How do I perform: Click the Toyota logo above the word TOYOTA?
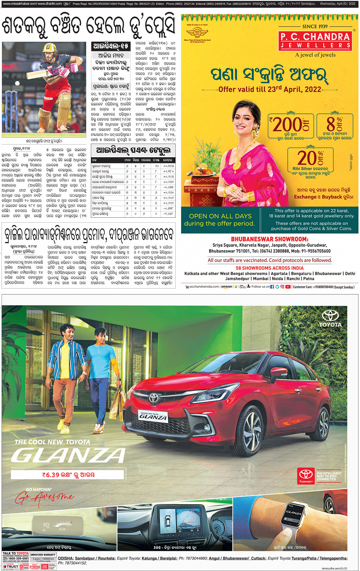click(330, 316)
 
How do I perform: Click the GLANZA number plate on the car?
click(153, 416)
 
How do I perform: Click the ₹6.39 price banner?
click(68, 474)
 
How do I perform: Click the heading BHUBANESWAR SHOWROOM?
click(269, 239)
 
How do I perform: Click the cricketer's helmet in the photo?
click(50, 48)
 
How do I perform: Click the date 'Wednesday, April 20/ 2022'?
click(338, 4)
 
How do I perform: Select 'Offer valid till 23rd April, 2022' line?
click(270, 89)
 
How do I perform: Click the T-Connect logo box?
click(306, 476)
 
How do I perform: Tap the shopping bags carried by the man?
click(117, 405)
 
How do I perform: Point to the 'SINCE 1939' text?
click(315, 26)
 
